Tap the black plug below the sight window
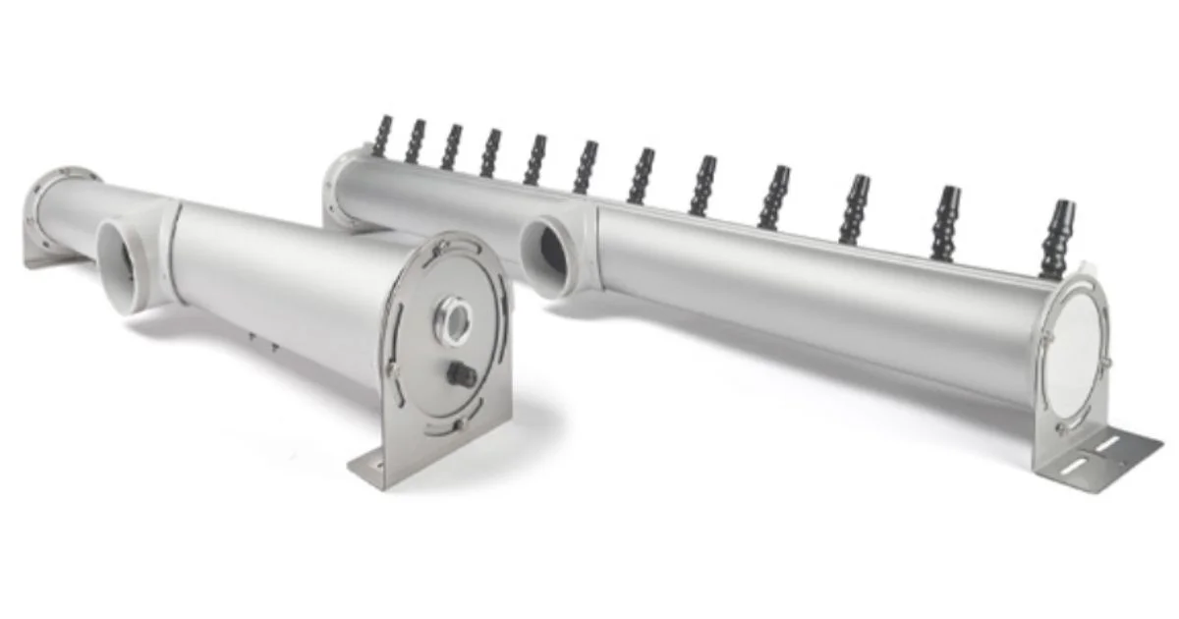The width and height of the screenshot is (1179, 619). click(x=460, y=374)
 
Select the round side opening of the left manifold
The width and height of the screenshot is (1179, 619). click(x=123, y=265)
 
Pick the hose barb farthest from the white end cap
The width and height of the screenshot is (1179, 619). click(x=381, y=137)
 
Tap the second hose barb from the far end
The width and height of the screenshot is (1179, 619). click(x=416, y=142)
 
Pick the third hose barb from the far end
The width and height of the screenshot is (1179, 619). click(x=451, y=147)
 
